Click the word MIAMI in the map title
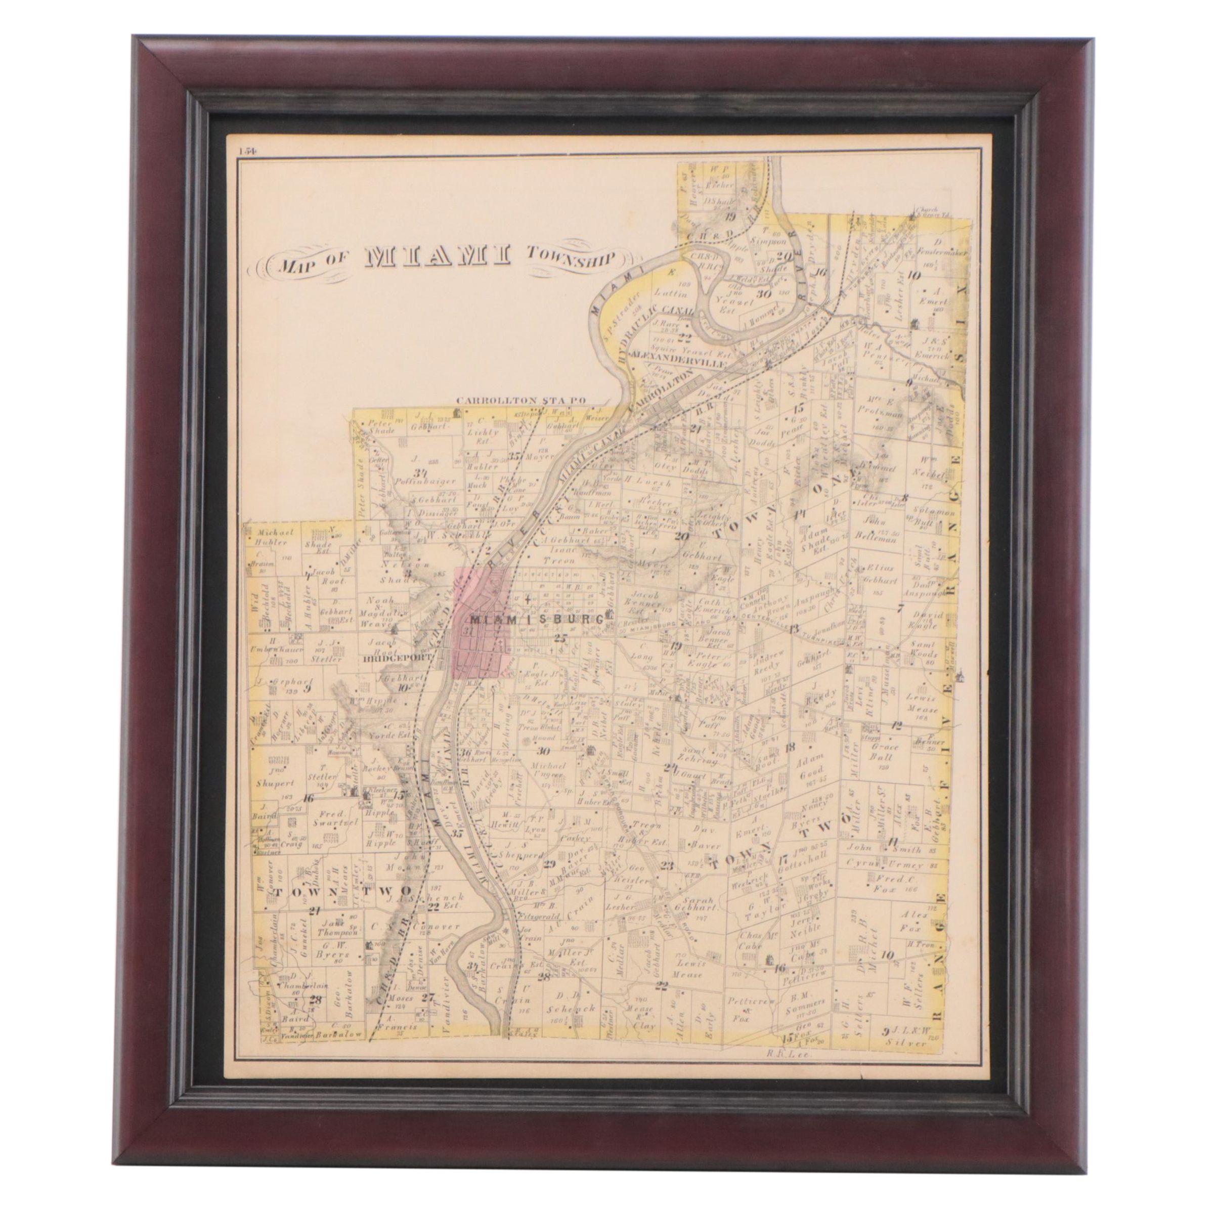click(438, 257)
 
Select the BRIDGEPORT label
click(399, 657)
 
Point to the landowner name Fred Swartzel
click(330, 818)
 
